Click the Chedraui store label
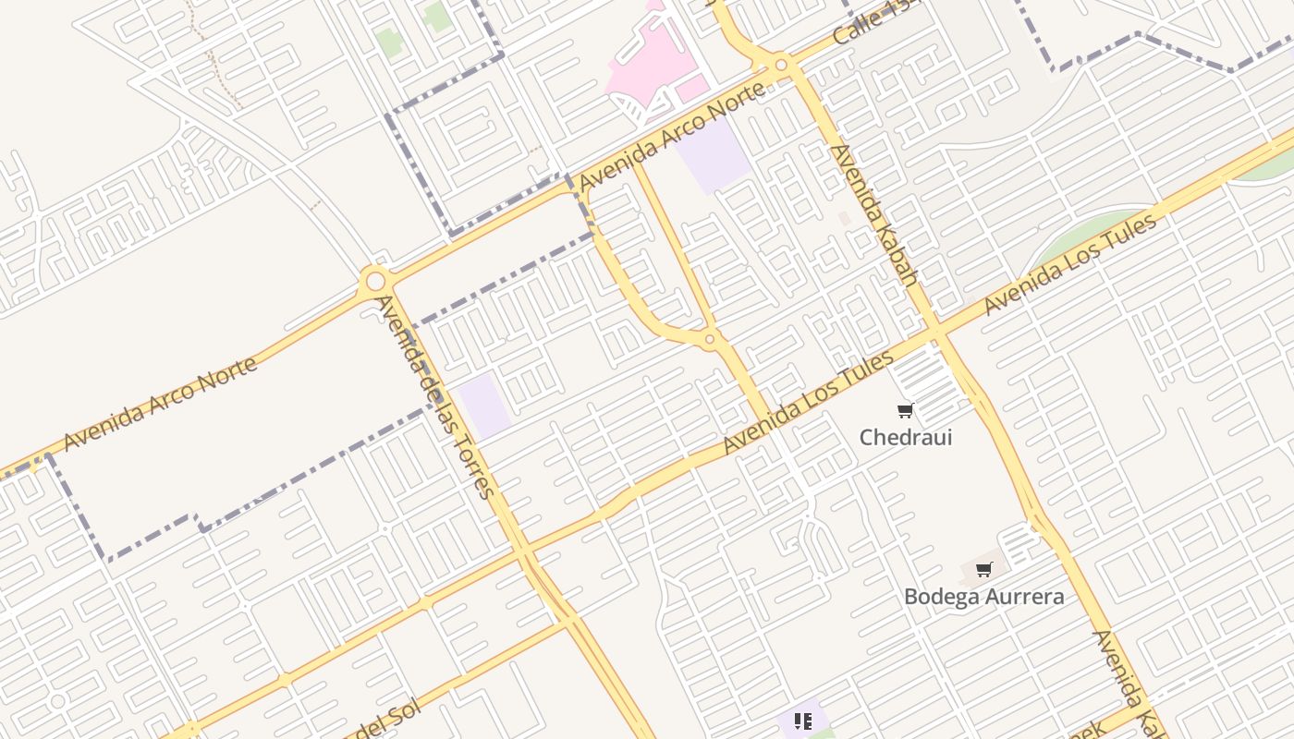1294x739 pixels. click(906, 437)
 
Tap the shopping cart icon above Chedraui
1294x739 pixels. click(905, 410)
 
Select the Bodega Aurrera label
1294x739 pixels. click(983, 597)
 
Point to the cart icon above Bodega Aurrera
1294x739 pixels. click(983, 569)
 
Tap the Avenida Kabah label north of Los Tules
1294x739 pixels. click(873, 215)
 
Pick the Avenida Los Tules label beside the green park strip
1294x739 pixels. click(1069, 264)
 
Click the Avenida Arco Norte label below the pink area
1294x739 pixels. click(673, 135)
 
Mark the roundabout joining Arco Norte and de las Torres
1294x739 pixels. click(375, 280)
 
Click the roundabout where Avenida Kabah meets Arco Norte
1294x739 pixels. click(781, 65)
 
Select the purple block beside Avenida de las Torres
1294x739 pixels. click(484, 405)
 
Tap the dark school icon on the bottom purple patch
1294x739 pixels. click(802, 721)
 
